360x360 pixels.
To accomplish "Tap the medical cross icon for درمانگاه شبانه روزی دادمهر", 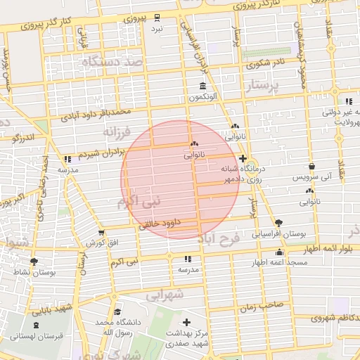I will click(243, 158).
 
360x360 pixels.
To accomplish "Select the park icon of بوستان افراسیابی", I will click(279, 222).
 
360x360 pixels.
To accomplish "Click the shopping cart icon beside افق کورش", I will click(101, 233).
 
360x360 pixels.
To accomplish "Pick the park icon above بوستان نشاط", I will click(34, 262).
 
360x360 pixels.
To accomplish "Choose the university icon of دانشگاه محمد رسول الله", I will click(117, 311).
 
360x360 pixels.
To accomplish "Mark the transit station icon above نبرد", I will click(157, 18).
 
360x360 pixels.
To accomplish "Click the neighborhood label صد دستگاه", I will click(112, 63).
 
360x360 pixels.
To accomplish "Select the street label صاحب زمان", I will click(260, 307).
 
